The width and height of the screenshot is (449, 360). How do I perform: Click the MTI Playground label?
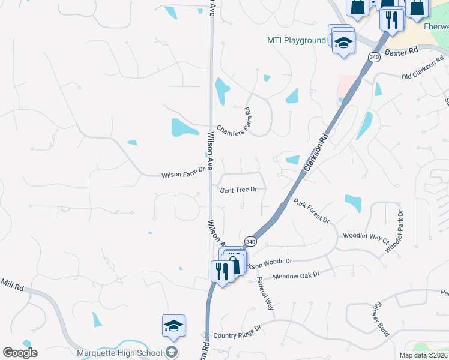point(296,41)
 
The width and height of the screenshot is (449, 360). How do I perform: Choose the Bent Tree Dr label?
point(238,190)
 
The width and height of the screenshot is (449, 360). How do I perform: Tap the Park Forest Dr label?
point(312,211)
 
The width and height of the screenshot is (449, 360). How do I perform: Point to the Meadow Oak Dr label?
point(297,276)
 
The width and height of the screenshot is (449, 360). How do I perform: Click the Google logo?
point(20,352)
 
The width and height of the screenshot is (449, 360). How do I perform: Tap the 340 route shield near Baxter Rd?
point(375,57)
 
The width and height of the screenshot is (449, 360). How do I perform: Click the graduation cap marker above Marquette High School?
point(174,326)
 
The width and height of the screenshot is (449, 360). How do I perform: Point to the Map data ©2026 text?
point(424,355)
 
